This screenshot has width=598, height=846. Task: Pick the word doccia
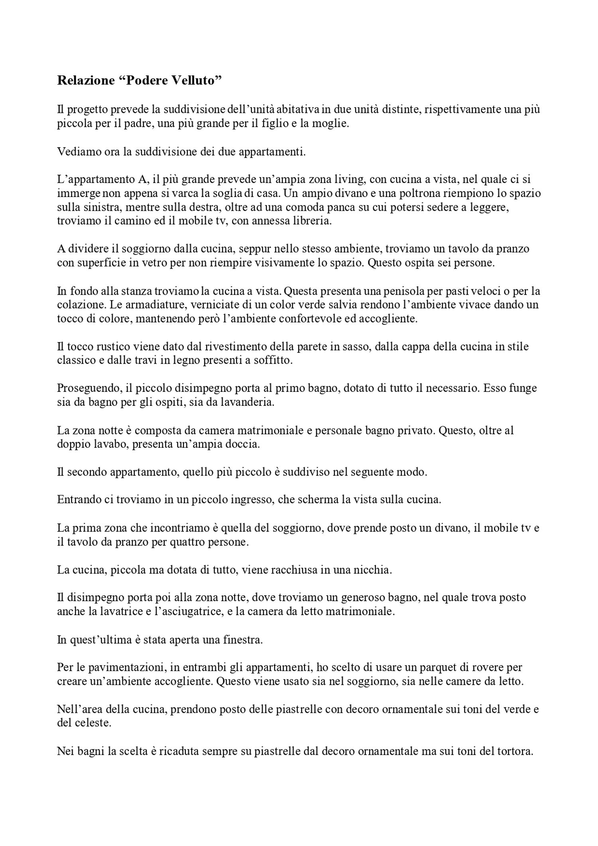pyautogui.click(x=243, y=444)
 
